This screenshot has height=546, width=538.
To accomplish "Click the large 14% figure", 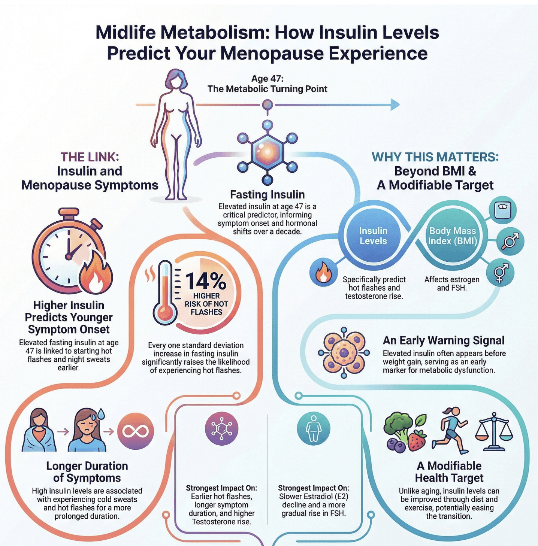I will click(x=206, y=280).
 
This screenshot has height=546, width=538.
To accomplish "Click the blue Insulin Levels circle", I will click(x=373, y=236).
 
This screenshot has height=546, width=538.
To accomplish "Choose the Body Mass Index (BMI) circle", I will click(x=452, y=236).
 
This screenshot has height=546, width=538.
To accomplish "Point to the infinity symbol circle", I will click(x=136, y=431).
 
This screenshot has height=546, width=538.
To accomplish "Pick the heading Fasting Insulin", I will click(x=267, y=195).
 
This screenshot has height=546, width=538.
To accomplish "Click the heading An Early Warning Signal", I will click(x=443, y=340).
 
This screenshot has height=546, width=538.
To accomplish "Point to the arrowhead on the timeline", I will click(x=395, y=104).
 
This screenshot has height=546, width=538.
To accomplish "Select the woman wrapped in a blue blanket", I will click(x=39, y=430).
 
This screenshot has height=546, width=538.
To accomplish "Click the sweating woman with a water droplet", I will click(x=87, y=430).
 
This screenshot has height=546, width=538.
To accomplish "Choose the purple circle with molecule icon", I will click(x=222, y=429).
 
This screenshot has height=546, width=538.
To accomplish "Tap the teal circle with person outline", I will click(x=313, y=429).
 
